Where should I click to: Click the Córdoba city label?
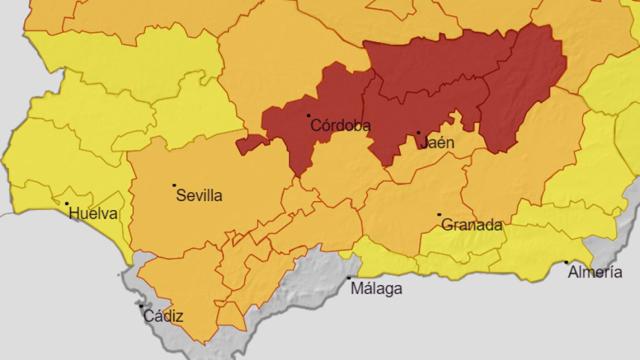click(342, 126)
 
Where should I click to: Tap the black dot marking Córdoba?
click(308, 115)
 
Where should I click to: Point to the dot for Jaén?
click(418, 132)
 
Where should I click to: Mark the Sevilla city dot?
click(174, 185)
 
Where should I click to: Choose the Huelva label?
click(93, 213)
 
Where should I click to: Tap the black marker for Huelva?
click(67, 205)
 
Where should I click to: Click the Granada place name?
click(470, 225)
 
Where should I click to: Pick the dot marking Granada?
click(439, 215)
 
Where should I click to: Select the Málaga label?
click(376, 289)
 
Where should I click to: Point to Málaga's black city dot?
click(349, 278)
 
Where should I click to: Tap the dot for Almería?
click(566, 262)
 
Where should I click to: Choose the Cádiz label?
click(163, 316)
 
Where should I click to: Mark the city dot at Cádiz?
click(141, 305)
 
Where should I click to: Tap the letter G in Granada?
click(446, 225)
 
